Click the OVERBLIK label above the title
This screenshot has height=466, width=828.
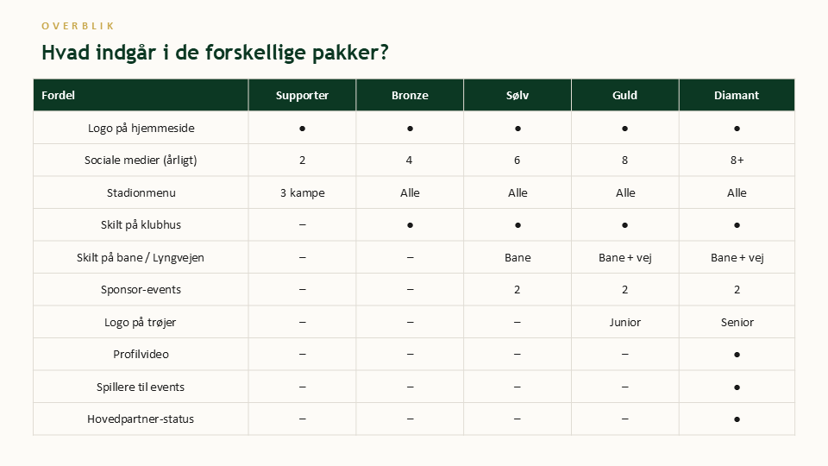point(78,26)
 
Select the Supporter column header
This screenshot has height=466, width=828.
point(302,95)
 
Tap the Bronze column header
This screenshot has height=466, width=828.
point(410,95)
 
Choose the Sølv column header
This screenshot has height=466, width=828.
point(517,95)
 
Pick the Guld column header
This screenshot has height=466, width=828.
point(624,95)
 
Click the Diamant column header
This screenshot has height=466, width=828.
point(737,95)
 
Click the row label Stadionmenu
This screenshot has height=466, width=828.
point(141,192)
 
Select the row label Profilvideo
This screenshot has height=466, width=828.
point(141,354)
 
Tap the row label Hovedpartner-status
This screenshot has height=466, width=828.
point(141,419)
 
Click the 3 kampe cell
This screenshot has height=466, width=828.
point(303,192)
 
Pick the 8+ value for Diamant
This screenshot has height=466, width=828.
point(737,161)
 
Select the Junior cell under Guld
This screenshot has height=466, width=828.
point(624,322)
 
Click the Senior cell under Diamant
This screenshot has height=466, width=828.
point(737,322)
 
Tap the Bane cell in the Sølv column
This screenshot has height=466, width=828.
point(517,258)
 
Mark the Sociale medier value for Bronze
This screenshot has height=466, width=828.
point(409,161)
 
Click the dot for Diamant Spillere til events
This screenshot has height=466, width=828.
point(737,387)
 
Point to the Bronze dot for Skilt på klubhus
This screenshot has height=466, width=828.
point(410,225)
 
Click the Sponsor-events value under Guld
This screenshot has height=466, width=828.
point(624,290)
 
